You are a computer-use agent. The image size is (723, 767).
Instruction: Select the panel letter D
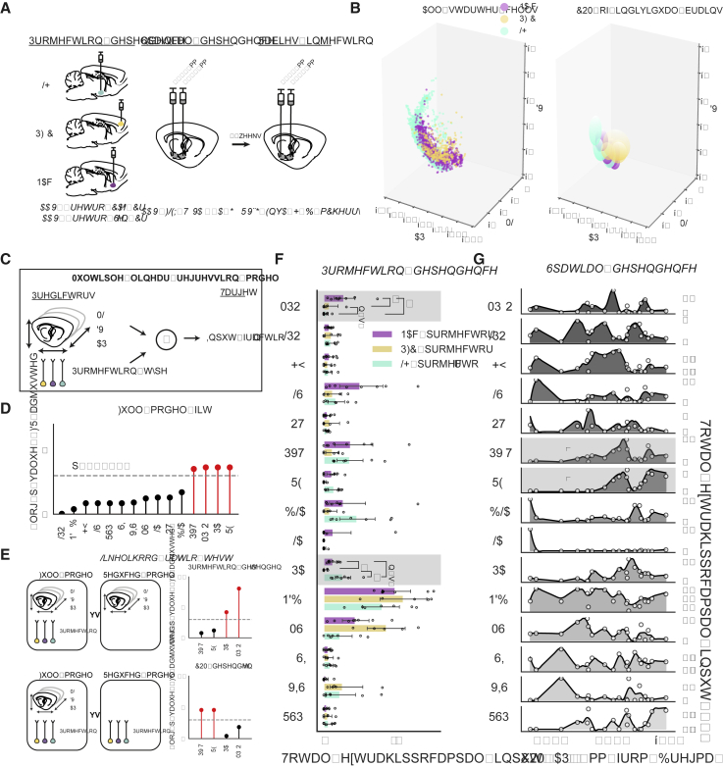tap(8, 398)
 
